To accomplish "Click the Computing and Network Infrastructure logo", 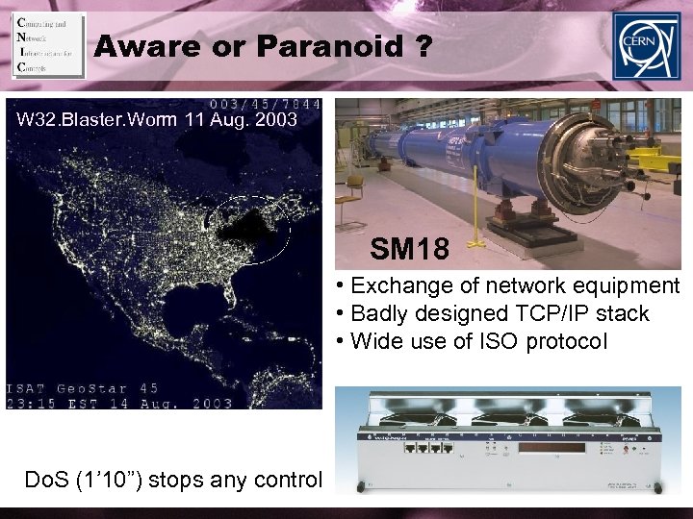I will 47,45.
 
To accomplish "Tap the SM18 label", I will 409,251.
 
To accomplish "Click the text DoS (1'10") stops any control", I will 165,478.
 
